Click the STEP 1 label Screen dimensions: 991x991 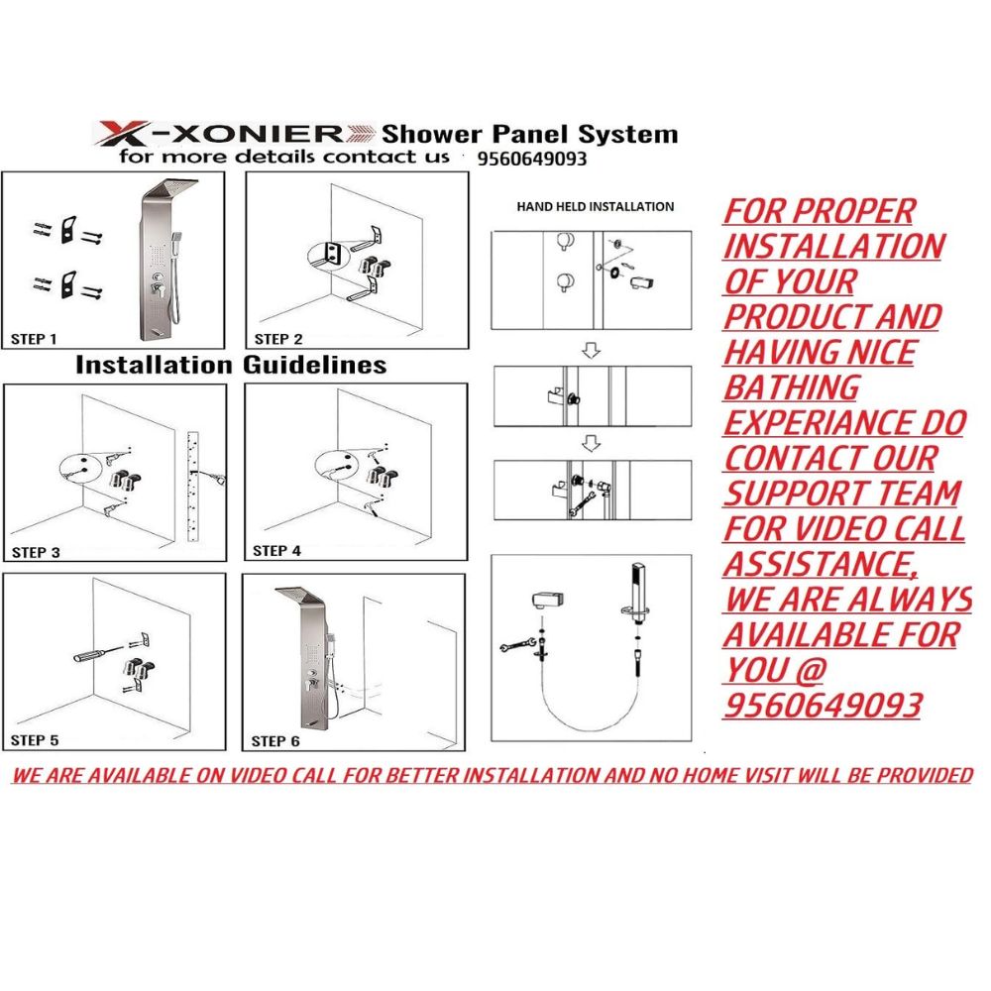tap(34, 339)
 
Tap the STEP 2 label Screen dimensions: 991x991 tap(278, 339)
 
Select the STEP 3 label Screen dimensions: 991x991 tap(36, 552)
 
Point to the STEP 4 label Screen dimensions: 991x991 tap(276, 551)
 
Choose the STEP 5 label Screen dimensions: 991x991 tap(35, 740)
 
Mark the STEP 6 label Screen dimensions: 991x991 tap(275, 741)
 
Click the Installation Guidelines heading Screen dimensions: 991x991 tap(231, 366)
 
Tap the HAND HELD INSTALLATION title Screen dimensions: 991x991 tap(596, 207)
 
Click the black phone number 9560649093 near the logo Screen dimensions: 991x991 tap(532, 159)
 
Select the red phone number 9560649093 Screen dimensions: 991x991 tap(823, 706)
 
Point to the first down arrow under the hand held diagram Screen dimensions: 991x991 tap(591, 350)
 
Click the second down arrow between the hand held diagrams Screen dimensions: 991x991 tap(591, 443)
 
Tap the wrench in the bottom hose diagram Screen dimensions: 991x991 tap(517, 646)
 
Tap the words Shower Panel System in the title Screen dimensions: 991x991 tap(529, 134)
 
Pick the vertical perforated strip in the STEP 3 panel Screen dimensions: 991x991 tap(193, 487)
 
